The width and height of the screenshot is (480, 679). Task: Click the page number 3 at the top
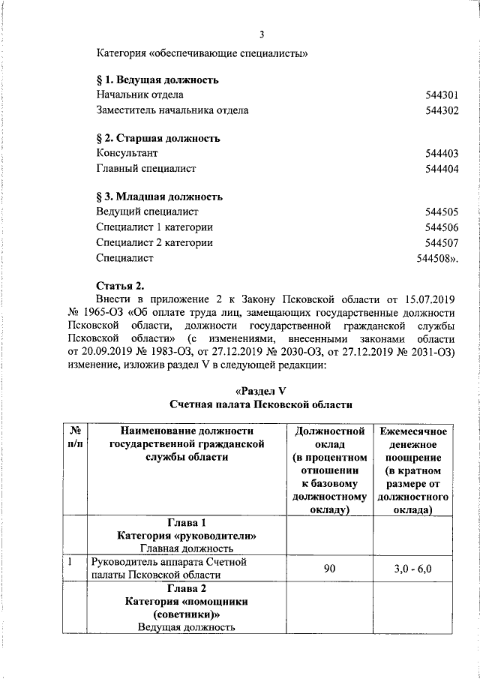tap(261, 34)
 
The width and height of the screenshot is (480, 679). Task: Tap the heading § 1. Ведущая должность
tap(157, 80)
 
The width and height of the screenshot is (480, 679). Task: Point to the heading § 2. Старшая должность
tap(157, 139)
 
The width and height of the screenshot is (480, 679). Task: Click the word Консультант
tap(127, 154)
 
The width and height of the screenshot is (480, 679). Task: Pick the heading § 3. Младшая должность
tap(159, 197)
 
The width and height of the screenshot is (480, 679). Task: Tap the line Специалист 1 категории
tap(154, 227)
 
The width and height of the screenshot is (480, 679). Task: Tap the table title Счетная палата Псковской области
tap(261, 405)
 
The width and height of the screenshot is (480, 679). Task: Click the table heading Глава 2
tap(187, 588)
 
